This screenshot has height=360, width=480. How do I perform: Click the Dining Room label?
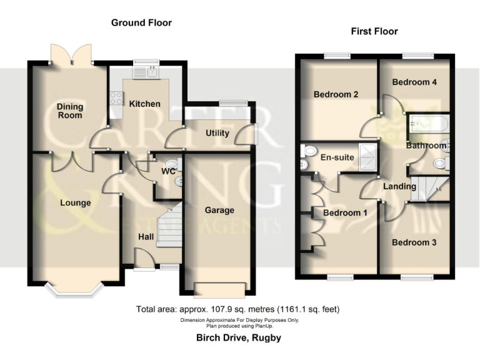pos(70,111)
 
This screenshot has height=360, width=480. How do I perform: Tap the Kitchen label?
pos(145,104)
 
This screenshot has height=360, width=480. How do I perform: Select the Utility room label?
pos(217,133)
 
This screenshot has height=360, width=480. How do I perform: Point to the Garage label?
pos(219,211)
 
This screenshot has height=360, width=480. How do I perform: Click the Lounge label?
pos(76,203)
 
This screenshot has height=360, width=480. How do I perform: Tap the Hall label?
pos(146,237)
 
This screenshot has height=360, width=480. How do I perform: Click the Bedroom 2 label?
pos(336,95)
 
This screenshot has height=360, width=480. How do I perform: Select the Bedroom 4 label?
pos(414,82)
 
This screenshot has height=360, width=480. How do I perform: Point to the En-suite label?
pos(338,157)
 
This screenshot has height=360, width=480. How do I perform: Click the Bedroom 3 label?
pos(414,242)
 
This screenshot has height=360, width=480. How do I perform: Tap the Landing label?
pos(399,186)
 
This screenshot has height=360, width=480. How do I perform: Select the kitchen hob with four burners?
pos(116,97)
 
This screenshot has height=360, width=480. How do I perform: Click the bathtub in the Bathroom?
pos(427,127)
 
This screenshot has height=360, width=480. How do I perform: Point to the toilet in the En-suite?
pos(307,152)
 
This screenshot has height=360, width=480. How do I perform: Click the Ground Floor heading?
pos(141,23)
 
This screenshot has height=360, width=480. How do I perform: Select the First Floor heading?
pos(375,31)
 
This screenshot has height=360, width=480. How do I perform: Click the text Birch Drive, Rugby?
pos(239,338)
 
